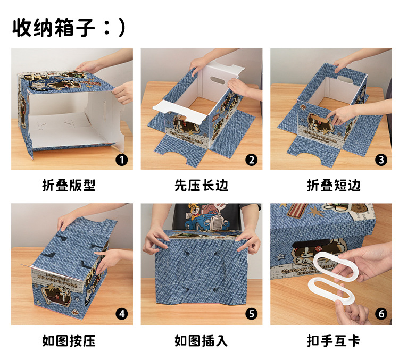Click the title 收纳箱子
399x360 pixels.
point(54,28)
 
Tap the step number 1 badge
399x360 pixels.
point(122,160)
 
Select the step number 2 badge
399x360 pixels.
point(252,160)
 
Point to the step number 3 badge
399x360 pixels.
point(381,160)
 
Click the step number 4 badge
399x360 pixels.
point(122,314)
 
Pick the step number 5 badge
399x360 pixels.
point(252,314)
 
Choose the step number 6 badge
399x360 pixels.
point(381,314)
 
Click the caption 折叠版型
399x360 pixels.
point(69,185)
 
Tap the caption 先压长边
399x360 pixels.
point(201,185)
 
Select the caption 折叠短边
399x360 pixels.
point(334,185)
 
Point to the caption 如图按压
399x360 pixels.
point(69,341)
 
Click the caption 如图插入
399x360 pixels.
point(201,341)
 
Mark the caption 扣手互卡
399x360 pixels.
point(334,341)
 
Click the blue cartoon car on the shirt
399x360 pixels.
point(206,222)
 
